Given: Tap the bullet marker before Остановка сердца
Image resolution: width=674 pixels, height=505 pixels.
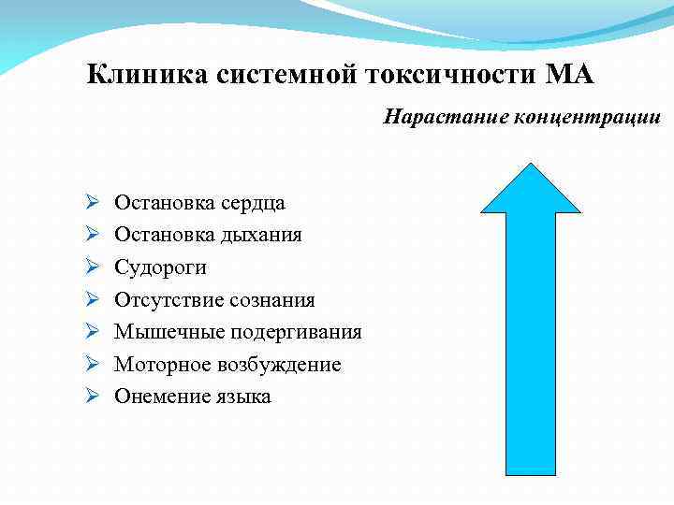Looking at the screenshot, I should tap(92, 202).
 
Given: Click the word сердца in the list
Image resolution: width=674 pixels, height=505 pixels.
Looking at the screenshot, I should tap(254, 203).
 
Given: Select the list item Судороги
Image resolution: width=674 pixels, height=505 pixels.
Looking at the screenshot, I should tap(160, 267).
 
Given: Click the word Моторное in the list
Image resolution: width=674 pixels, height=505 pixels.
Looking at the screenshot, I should tap(157, 365).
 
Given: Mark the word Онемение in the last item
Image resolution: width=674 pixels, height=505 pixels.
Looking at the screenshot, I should tap(158, 397).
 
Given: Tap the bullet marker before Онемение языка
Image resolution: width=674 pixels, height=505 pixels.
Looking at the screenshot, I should tap(92, 397).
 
